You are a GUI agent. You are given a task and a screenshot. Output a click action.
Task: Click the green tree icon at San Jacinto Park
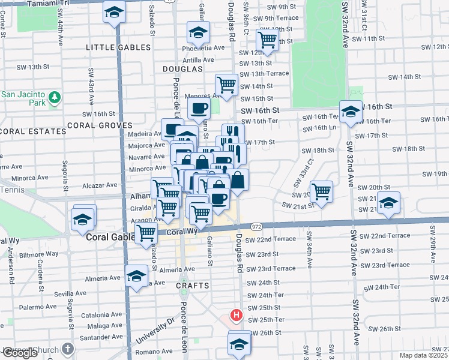tap(55, 96)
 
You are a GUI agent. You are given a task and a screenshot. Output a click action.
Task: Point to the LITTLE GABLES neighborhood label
tap(116, 47)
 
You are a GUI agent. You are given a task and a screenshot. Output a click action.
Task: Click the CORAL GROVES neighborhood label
tap(99, 125)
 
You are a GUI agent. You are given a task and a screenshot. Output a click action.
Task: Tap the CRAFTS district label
tap(191, 286)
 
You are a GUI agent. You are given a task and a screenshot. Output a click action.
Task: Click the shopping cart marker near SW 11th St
tap(267, 40)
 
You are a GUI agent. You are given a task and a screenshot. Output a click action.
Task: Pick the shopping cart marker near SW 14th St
tap(226, 84)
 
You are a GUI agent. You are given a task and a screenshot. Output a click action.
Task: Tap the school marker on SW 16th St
tap(351, 112)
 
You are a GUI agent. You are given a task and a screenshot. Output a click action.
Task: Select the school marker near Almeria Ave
tap(137, 276)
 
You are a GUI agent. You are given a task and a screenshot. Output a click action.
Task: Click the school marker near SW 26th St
tap(239, 343)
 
